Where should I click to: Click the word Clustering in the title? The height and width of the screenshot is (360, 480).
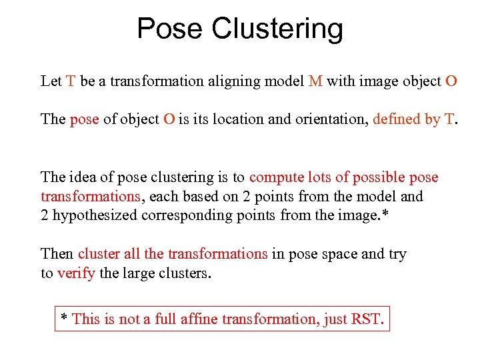(x=277, y=29)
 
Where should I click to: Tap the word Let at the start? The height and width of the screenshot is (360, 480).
(x=51, y=81)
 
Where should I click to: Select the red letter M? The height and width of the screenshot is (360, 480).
(x=316, y=81)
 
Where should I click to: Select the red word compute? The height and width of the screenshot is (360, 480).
(x=277, y=178)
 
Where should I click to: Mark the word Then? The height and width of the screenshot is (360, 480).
(x=57, y=254)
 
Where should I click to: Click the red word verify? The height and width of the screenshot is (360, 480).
(x=76, y=273)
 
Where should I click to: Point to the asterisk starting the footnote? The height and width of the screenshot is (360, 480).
(x=64, y=317)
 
